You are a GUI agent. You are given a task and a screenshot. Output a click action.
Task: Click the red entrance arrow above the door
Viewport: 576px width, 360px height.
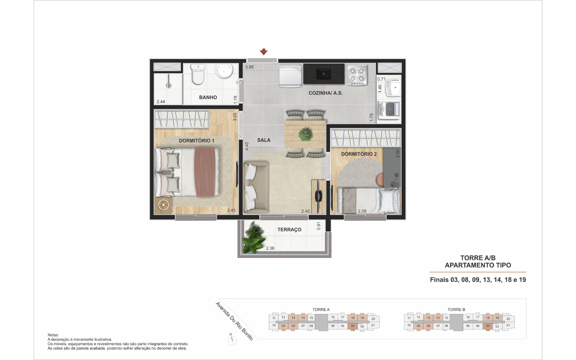point(264,52)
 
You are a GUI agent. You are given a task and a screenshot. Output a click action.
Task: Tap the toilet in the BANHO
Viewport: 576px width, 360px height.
point(198,74)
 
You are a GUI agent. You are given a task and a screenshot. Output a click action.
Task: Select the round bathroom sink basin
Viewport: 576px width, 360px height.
point(224,71)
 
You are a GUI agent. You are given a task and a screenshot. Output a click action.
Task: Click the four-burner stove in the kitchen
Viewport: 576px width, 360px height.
point(357,75)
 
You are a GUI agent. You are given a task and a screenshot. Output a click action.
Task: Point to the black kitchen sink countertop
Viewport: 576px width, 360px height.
point(324,74)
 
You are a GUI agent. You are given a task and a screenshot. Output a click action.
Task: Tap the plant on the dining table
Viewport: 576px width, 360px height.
point(305,134)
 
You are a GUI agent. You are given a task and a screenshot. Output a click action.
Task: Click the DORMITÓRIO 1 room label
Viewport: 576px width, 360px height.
point(196,141)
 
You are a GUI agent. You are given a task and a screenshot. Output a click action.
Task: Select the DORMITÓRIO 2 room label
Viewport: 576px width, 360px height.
point(359,154)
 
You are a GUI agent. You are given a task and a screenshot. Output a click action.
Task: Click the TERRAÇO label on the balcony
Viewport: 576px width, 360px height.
point(289,230)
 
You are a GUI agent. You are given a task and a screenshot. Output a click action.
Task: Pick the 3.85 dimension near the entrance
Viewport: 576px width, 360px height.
point(250,67)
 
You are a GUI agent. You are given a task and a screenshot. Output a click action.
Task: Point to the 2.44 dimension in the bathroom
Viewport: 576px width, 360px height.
point(161,102)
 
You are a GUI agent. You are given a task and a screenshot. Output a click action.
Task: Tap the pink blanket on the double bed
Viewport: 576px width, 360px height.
point(205,172)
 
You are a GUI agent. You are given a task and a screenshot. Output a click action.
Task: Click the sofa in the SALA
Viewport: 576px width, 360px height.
point(256,187)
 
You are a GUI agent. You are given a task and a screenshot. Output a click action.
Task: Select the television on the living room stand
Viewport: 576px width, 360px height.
point(318,197)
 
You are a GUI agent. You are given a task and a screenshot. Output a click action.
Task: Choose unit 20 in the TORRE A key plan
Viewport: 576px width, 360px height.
point(373,319)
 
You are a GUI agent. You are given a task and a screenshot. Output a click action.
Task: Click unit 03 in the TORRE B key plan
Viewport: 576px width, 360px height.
point(488,326)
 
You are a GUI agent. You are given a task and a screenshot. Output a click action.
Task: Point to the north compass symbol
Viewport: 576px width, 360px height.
point(232,340)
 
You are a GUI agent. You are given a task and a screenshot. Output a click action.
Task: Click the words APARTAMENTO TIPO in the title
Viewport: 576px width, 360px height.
point(478,265)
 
